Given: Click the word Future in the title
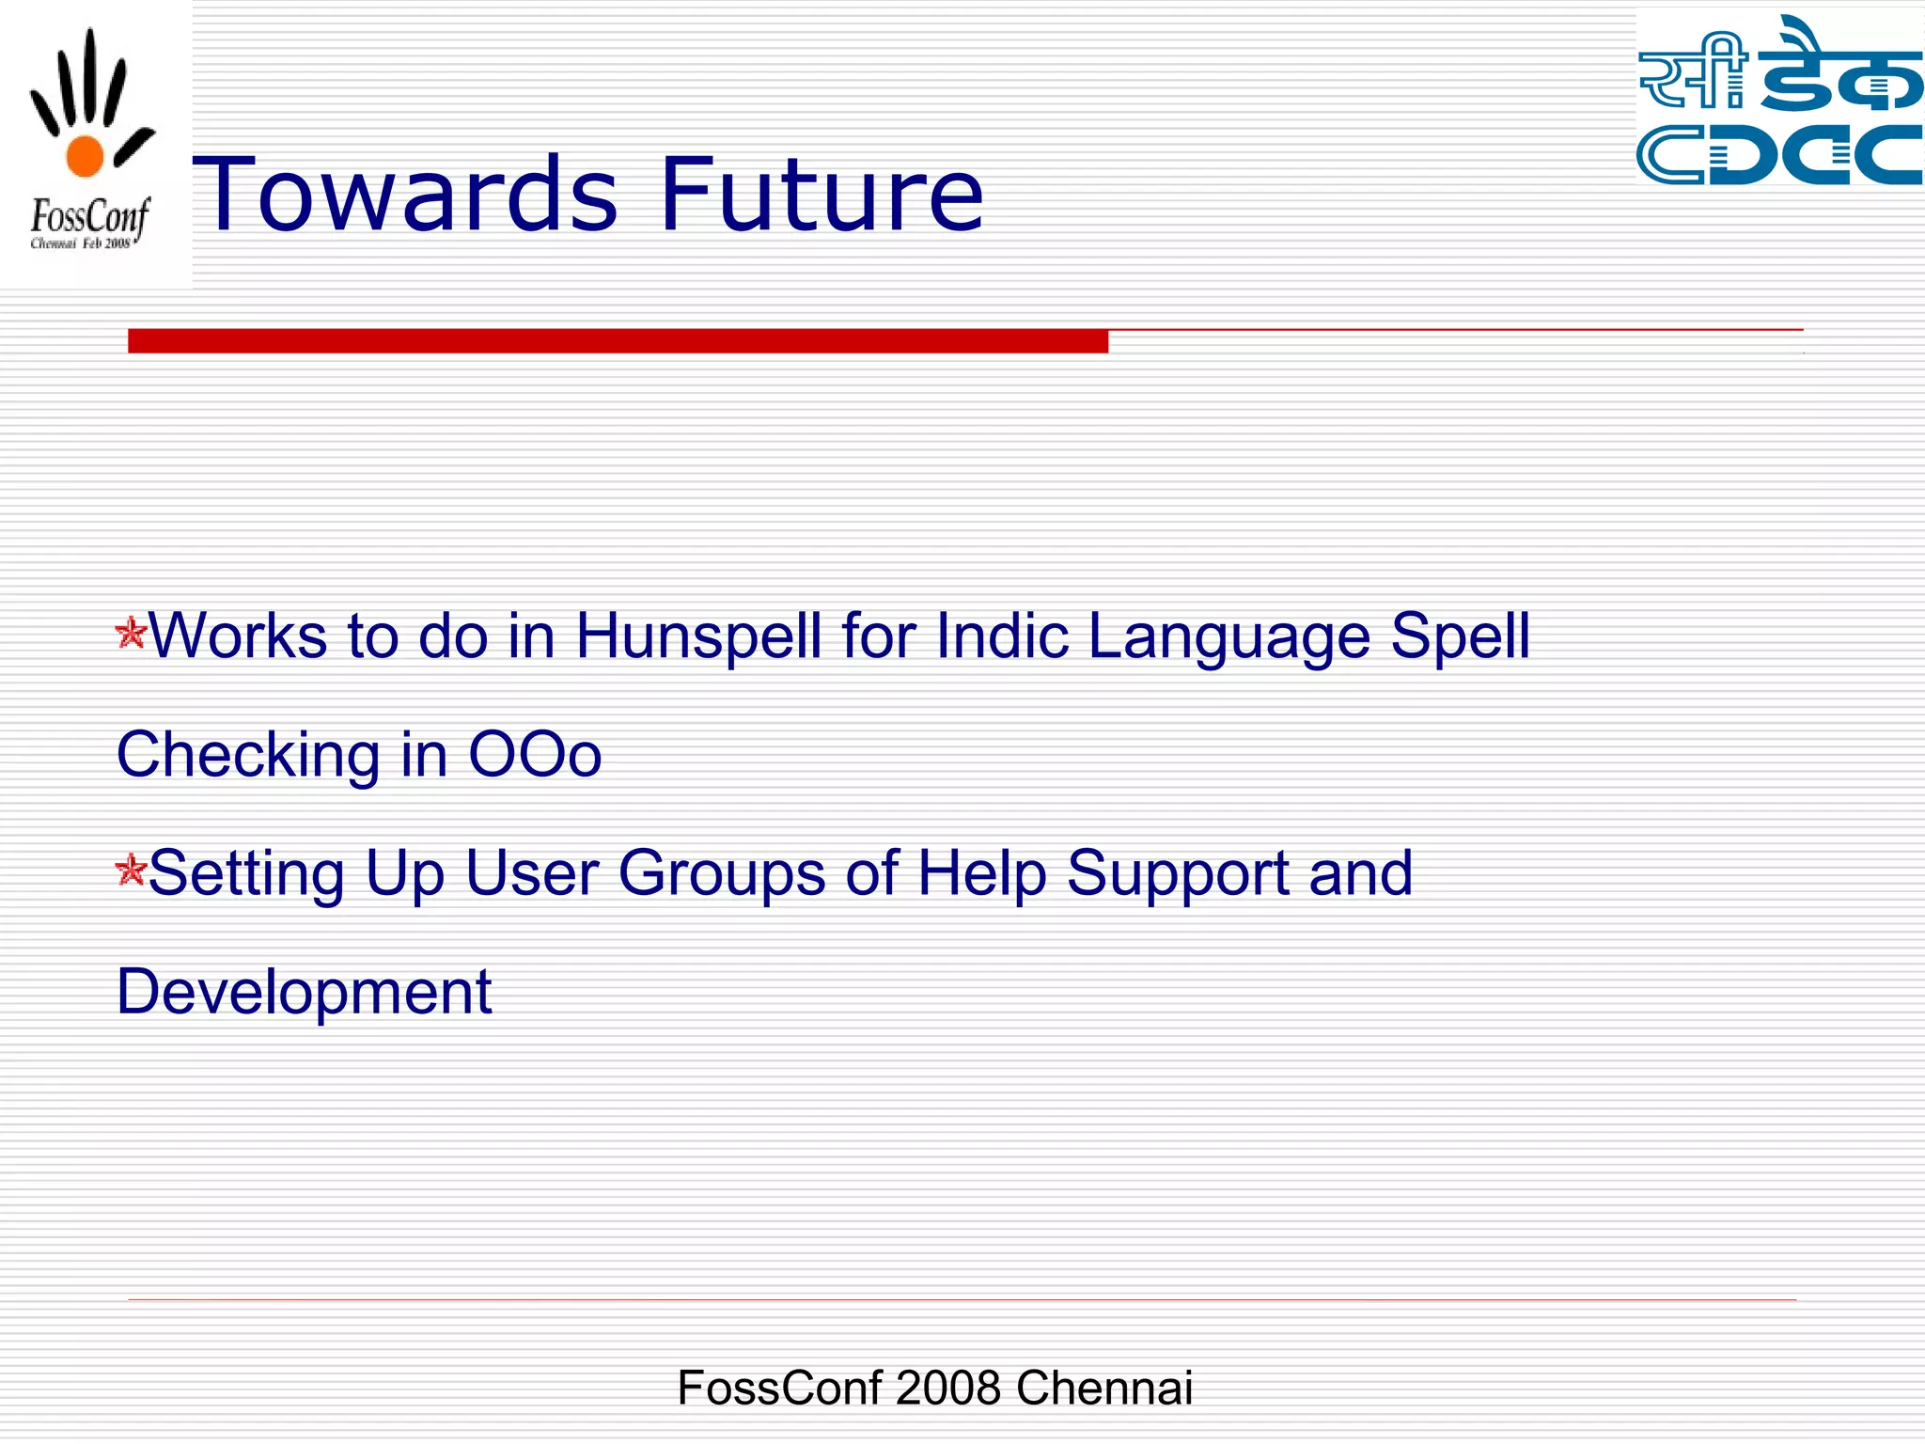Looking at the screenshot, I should pos(822,195).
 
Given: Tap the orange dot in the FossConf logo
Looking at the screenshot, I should pos(85,156).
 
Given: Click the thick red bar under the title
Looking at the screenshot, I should pos(618,340).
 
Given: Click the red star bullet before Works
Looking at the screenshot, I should pos(131,633).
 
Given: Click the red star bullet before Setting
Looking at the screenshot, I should pos(131,871).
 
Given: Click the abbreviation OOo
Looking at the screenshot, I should pos(535,755).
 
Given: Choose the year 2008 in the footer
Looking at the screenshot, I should pos(947,1388).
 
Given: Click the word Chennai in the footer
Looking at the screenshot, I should pos(1103,1388).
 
